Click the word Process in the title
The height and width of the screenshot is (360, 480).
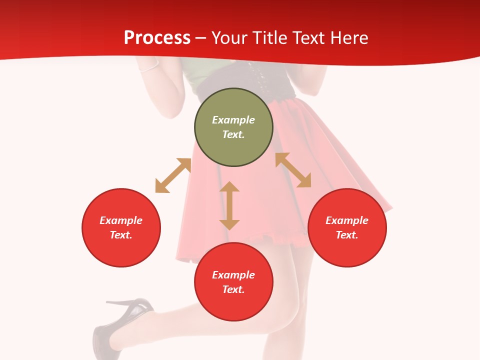[157, 38]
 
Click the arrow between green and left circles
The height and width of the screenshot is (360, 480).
[173, 175]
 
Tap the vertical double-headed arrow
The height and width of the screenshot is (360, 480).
[229, 205]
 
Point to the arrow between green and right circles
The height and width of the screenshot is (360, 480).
[293, 170]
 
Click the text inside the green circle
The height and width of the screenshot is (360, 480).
[233, 127]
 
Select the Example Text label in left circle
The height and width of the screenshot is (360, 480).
[121, 227]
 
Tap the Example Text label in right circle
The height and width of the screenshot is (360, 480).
[347, 227]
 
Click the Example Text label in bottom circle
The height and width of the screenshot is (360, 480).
[233, 282]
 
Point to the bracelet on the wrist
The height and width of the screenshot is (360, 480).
[149, 67]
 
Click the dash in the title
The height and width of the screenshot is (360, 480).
[201, 38]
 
